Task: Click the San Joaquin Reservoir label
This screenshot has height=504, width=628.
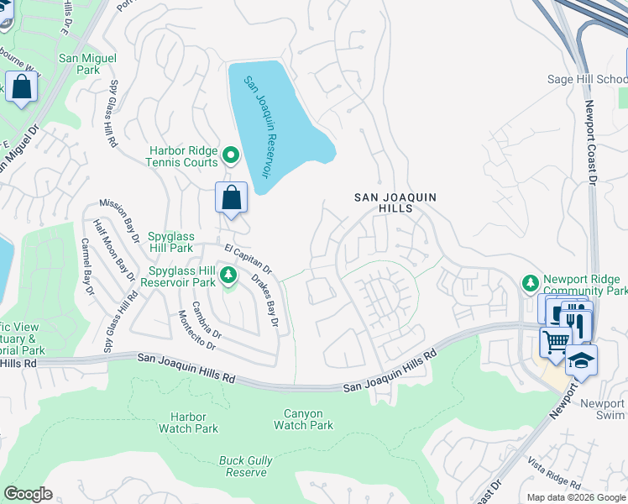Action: pos(259,126)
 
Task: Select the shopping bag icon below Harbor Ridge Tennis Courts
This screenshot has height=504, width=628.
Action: pos(232,198)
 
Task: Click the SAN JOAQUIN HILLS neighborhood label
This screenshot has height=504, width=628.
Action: pos(395,202)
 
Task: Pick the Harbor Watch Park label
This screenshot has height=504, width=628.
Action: pos(188,423)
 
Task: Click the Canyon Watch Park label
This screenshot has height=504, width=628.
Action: pos(303,419)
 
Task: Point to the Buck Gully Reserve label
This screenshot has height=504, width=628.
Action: pos(243,466)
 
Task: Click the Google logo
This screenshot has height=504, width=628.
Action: pos(28,494)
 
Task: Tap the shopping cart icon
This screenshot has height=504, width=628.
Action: pos(555,342)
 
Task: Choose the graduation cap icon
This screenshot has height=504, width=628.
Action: pos(581,360)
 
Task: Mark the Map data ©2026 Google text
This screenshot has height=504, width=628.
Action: pos(575,496)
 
